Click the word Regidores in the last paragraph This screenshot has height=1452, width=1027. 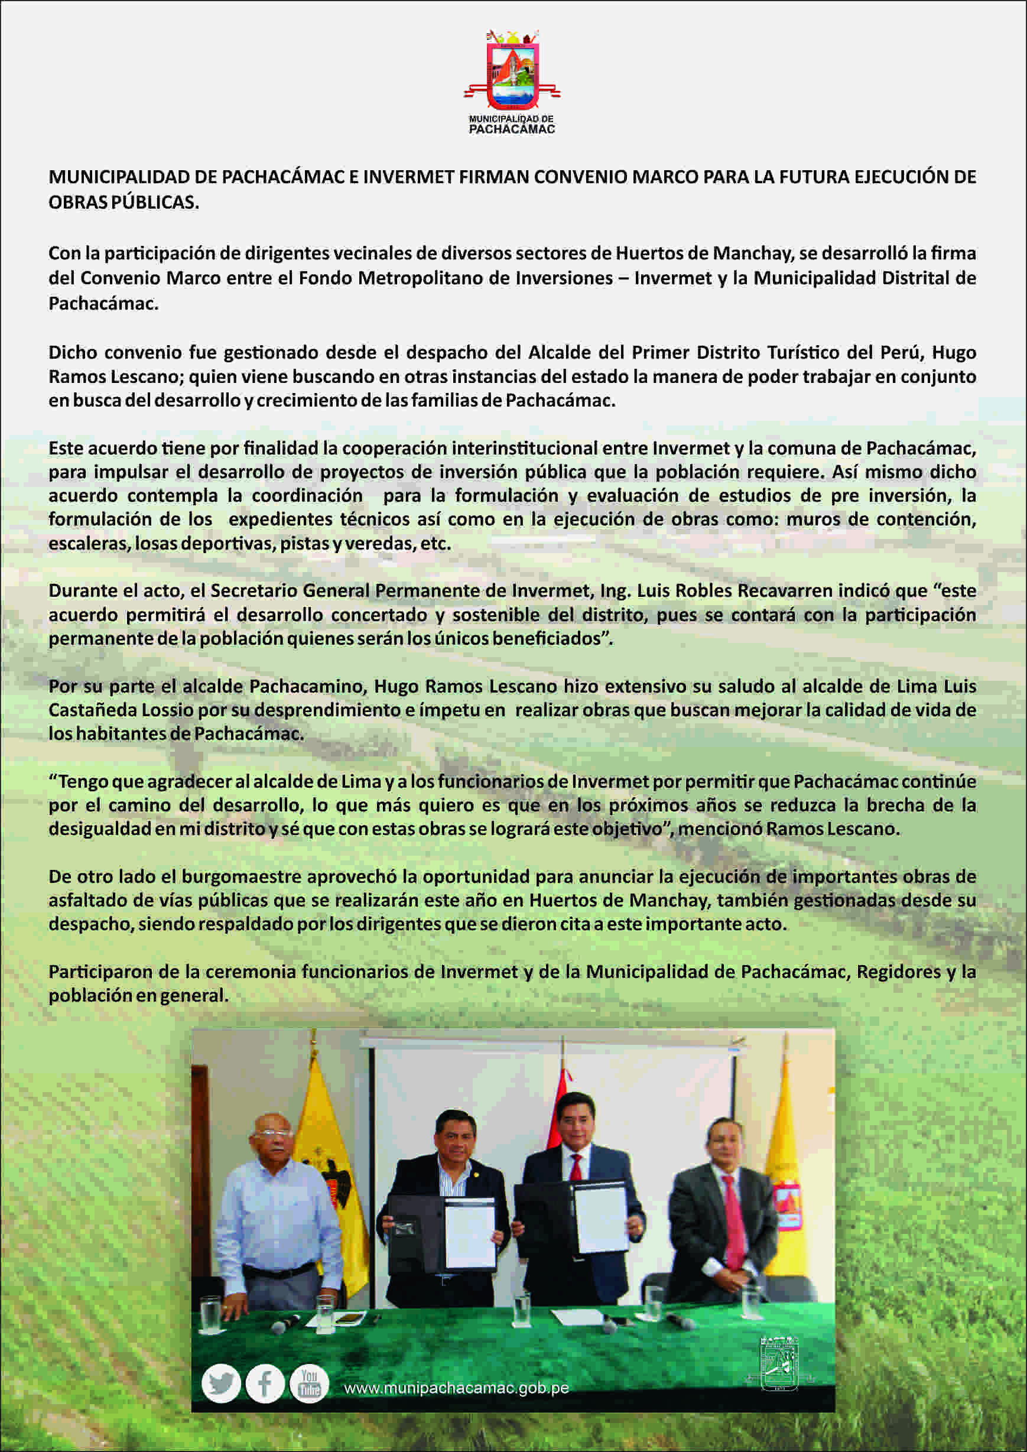click(x=899, y=972)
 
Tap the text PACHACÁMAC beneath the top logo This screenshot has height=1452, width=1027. click(x=512, y=129)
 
